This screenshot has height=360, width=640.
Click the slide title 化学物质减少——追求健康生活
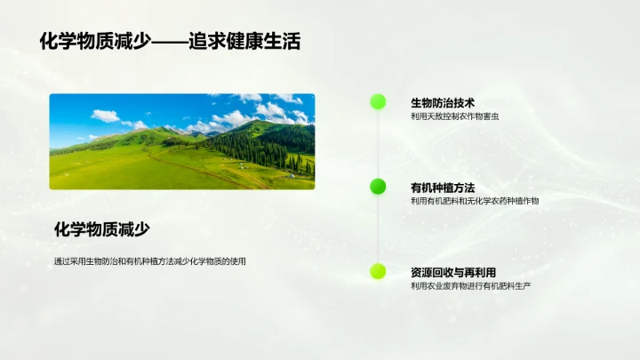170,41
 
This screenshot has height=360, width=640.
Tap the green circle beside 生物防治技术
378,101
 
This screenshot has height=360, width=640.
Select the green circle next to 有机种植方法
378,187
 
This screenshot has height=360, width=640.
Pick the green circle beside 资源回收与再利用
378,271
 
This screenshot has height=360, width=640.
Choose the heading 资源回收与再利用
453,272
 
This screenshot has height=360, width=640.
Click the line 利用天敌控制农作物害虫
455,116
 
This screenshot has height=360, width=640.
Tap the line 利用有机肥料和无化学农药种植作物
475,201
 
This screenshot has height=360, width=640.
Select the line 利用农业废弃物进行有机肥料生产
470,286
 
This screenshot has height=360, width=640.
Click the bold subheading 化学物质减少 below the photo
102,229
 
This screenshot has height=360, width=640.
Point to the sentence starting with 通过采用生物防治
149,261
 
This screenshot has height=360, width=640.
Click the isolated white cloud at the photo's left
105,116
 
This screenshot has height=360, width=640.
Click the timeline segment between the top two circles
378,144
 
